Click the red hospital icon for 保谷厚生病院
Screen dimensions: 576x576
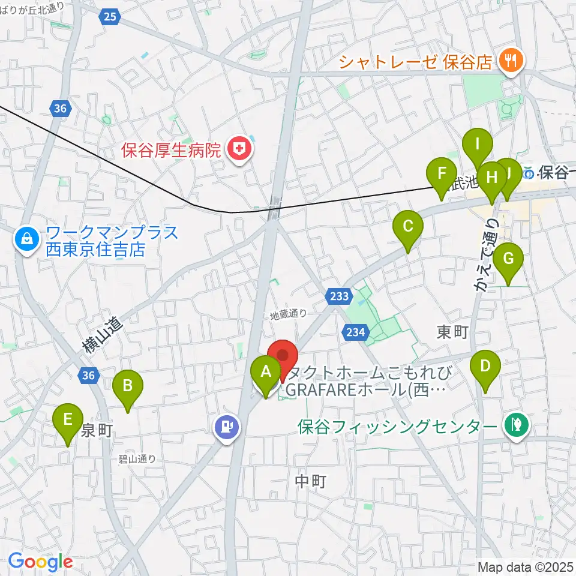(239, 149)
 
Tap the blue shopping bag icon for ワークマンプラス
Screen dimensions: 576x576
(28, 239)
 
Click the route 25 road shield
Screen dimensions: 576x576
(109, 17)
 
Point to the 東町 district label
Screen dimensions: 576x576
(452, 331)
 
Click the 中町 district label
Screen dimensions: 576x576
(311, 481)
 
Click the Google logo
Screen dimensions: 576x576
(40, 562)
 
